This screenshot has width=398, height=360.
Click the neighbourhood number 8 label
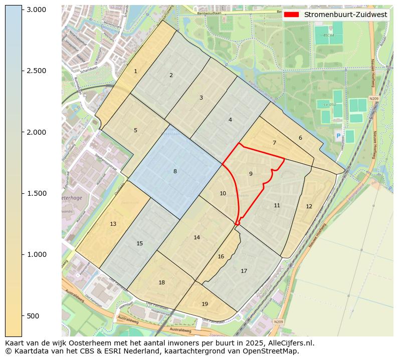pyautogui.click(x=175, y=172)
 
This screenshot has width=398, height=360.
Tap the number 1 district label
pyautogui.click(x=135, y=72)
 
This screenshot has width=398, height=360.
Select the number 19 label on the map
pyautogui.click(x=205, y=304)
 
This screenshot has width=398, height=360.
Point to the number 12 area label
pyautogui.click(x=309, y=206)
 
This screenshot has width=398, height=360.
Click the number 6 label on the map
pyautogui.click(x=300, y=138)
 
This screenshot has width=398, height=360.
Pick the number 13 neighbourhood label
pyautogui.click(x=113, y=224)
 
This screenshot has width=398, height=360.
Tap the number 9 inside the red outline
pyautogui.click(x=251, y=174)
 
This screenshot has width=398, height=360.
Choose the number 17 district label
pyautogui.click(x=244, y=271)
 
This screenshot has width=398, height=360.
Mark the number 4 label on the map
pyautogui.click(x=230, y=120)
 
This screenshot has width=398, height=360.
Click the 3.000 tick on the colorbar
pyautogui.click(x=36, y=10)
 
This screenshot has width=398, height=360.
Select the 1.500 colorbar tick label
pyautogui.click(x=36, y=193)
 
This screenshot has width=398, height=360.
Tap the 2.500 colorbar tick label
pyautogui.click(x=36, y=71)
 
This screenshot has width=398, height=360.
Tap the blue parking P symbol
pyautogui.click(x=338, y=136)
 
